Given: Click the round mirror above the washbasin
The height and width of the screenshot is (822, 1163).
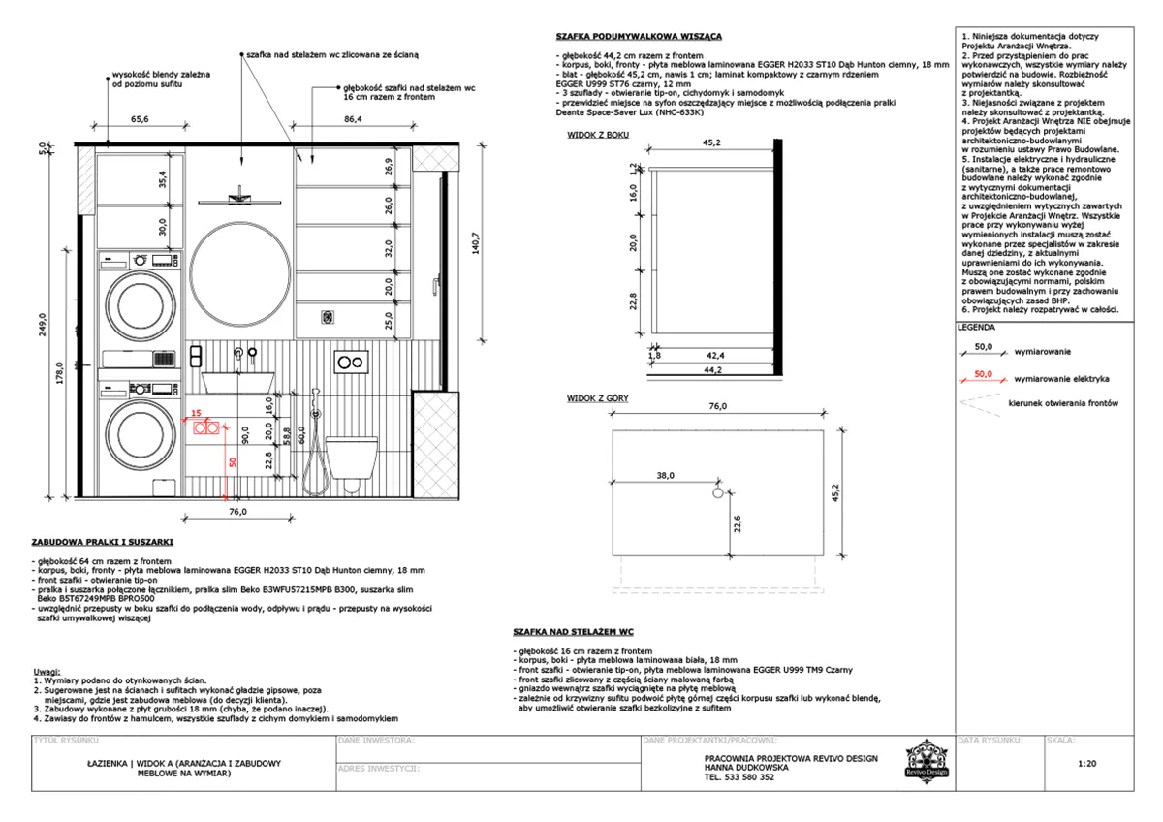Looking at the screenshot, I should tap(237, 272).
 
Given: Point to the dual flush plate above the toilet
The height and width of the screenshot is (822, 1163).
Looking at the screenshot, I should tap(350, 364).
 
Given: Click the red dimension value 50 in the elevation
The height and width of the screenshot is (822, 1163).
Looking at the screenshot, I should tap(233, 462).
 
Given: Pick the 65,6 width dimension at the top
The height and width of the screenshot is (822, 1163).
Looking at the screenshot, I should tap(140, 119).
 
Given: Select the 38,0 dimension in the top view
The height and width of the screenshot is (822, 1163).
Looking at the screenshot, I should tap(665, 476).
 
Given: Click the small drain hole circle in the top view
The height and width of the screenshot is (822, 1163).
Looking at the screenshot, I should tap(718, 493).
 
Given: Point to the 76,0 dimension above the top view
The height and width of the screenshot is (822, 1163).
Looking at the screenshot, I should tap(717, 407).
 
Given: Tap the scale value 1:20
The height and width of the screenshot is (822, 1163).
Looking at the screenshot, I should tap(1086, 764).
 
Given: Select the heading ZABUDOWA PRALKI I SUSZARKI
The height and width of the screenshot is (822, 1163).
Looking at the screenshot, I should tap(103, 542).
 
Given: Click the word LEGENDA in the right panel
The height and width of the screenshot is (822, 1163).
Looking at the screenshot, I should tap(976, 328).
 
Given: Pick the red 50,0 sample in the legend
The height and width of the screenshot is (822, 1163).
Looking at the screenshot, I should tap(984, 373).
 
